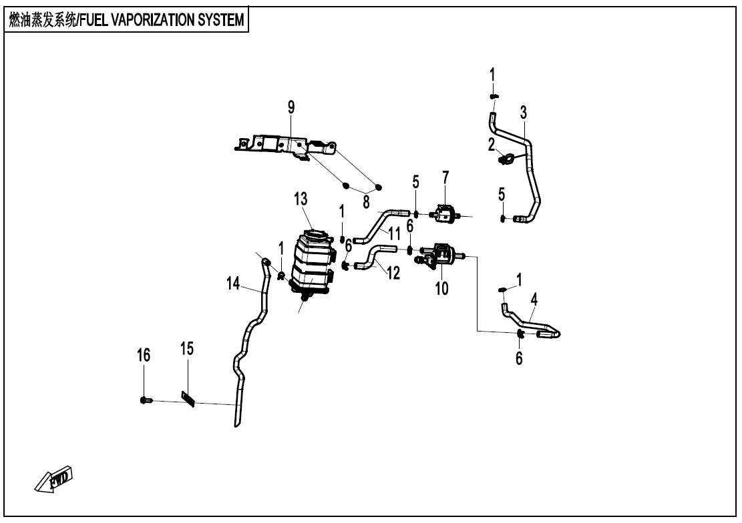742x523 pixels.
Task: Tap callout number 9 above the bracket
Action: pos(291,107)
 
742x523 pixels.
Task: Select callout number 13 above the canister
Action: pos(301,198)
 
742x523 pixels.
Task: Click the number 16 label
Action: pos(144,354)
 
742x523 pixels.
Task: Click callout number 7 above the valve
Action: pos(445,177)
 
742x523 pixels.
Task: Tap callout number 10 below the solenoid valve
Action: pos(442,289)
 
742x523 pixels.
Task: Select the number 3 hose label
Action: pos(524,111)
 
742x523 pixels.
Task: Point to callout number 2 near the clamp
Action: pos(491,143)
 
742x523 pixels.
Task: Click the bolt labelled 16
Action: pos(146,400)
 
